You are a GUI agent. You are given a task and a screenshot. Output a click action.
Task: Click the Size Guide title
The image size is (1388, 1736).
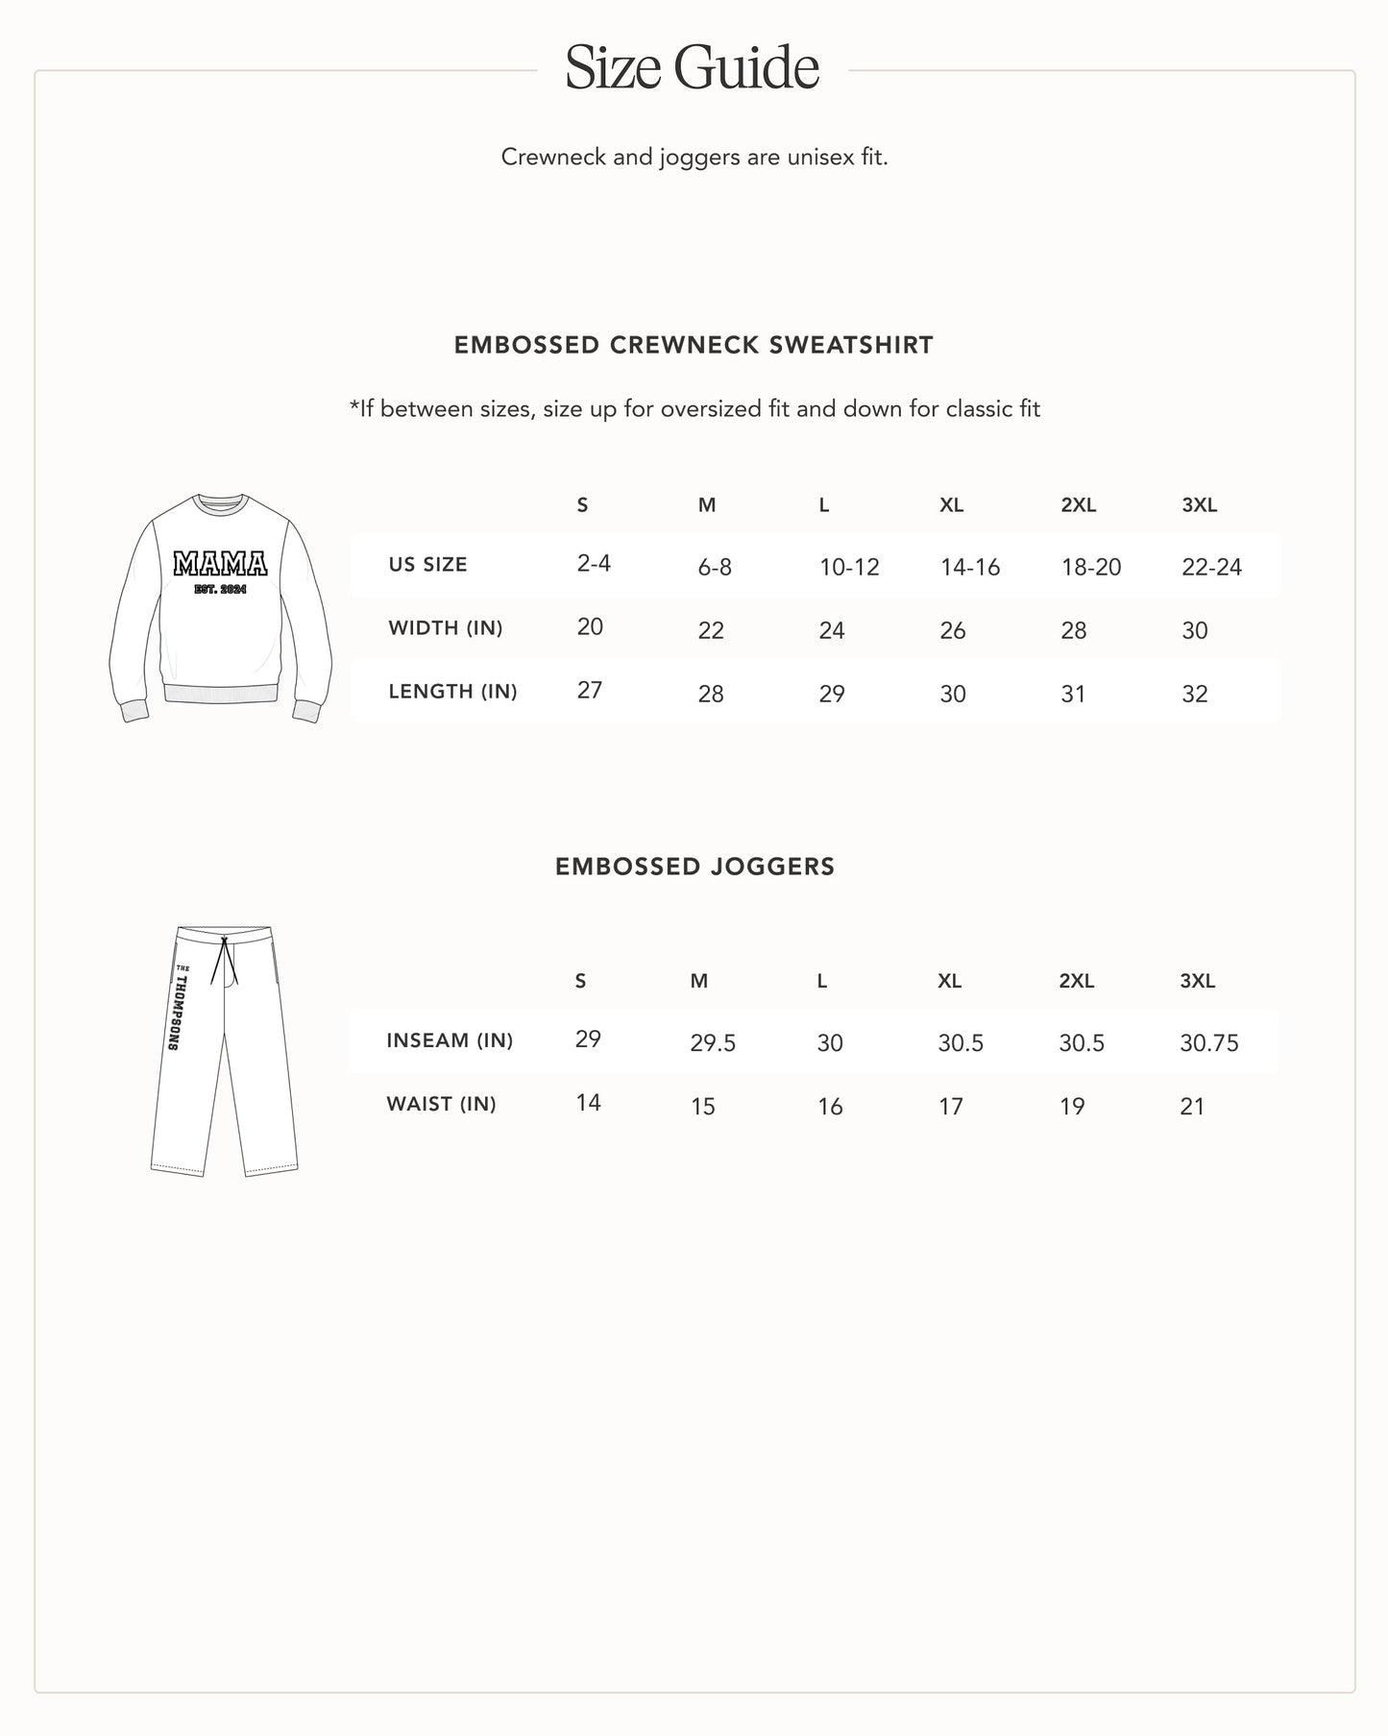pos(692,67)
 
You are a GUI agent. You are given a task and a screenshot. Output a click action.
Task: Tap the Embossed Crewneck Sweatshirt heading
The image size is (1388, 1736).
pos(694,345)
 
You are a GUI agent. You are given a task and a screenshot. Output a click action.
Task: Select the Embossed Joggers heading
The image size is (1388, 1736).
pos(694,867)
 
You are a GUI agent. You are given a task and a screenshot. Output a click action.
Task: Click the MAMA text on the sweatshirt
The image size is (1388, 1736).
pos(220,564)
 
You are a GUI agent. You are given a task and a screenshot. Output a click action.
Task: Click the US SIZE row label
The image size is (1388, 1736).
pos(427,565)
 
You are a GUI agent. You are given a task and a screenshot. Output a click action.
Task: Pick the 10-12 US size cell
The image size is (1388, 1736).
pos(848,568)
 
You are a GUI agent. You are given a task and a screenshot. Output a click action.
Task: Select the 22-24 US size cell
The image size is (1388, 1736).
pos(1211,568)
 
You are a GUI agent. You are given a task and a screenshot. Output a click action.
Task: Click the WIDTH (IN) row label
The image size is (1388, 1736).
pos(445,628)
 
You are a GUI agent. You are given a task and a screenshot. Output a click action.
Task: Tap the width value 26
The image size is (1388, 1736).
pos(952,631)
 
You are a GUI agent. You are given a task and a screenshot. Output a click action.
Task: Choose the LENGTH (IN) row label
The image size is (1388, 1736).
pos(452,692)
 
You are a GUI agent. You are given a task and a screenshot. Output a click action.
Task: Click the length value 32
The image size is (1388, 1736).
pos(1194,695)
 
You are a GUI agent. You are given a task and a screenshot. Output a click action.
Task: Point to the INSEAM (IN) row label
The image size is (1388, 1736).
pos(450,1040)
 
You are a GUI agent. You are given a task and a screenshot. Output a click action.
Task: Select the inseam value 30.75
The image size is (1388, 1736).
pos(1208,1043)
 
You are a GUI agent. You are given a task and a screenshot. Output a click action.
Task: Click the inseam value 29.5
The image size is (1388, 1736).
pos(713,1043)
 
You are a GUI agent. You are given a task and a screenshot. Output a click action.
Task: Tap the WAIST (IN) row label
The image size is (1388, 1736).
pos(441,1104)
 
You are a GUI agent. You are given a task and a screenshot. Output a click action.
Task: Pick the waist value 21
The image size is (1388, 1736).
pos(1191,1107)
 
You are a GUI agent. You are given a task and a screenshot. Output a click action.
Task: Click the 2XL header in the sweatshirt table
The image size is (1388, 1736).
pos(1078,505)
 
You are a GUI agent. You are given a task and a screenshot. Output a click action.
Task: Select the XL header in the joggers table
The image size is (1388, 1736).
pos(949,981)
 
